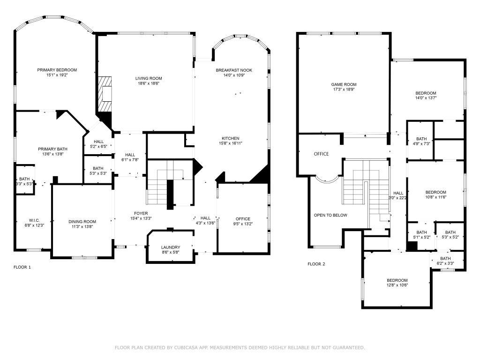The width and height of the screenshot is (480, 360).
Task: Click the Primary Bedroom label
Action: [57, 70]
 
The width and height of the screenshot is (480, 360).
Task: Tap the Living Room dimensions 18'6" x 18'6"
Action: [149, 83]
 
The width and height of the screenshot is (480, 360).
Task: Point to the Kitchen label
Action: [231, 138]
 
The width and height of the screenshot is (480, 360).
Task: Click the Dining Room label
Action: [82, 222]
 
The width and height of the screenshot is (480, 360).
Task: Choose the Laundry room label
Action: [170, 247]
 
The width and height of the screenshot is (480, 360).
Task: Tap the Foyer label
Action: [141, 213]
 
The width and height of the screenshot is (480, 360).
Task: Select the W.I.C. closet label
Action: [34, 220]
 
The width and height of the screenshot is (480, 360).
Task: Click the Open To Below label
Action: [330, 215]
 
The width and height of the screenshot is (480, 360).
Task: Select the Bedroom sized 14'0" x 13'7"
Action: [426, 93]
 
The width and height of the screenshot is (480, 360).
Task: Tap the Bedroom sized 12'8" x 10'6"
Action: [397, 280]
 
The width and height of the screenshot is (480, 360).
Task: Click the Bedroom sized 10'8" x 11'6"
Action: [435, 192]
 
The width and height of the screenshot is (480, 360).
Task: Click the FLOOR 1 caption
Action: [22, 267]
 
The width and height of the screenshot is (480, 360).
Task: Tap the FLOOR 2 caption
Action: [316, 264]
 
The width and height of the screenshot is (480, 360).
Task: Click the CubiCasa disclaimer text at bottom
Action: [240, 347]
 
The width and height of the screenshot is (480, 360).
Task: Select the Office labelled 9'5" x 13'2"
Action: [243, 219]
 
